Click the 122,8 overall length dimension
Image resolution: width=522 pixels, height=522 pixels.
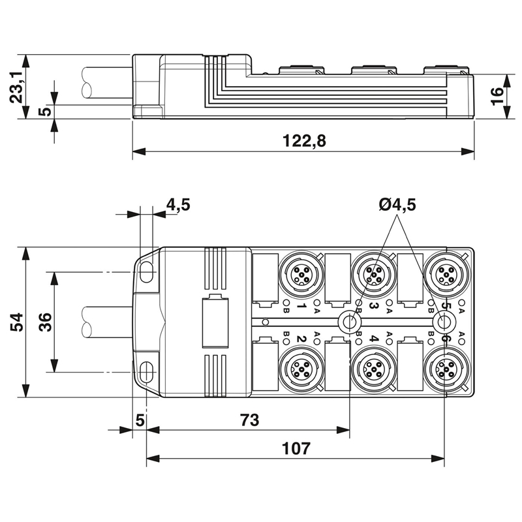tap(304, 140)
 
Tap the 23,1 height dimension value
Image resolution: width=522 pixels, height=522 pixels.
tap(16, 87)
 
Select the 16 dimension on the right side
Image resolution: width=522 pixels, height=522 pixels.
tap(497, 97)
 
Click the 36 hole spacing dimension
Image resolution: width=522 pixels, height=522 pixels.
tap(45, 322)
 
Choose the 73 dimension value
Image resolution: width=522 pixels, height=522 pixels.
tap(250, 420)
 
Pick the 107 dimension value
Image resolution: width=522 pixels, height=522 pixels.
tap(296, 448)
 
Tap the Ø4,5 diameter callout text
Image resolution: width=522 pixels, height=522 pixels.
tap(397, 205)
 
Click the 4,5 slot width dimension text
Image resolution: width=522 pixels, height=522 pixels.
tap(178, 204)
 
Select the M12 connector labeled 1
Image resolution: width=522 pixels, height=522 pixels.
tap(301, 275)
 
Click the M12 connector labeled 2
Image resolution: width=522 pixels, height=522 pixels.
tap(301, 369)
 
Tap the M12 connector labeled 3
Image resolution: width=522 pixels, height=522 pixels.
tap(374, 275)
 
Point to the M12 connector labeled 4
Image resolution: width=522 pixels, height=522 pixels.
tap(374, 369)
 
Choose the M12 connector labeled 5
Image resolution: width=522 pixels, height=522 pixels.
tap(446, 275)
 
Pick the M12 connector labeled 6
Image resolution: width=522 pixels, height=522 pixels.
tap(446, 369)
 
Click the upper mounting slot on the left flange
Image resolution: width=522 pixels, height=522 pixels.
tap(147, 271)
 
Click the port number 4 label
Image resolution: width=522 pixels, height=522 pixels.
tap(374, 339)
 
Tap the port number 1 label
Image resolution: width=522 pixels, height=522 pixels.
tap(301, 305)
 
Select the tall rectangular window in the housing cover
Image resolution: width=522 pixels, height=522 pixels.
tap(215, 322)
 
